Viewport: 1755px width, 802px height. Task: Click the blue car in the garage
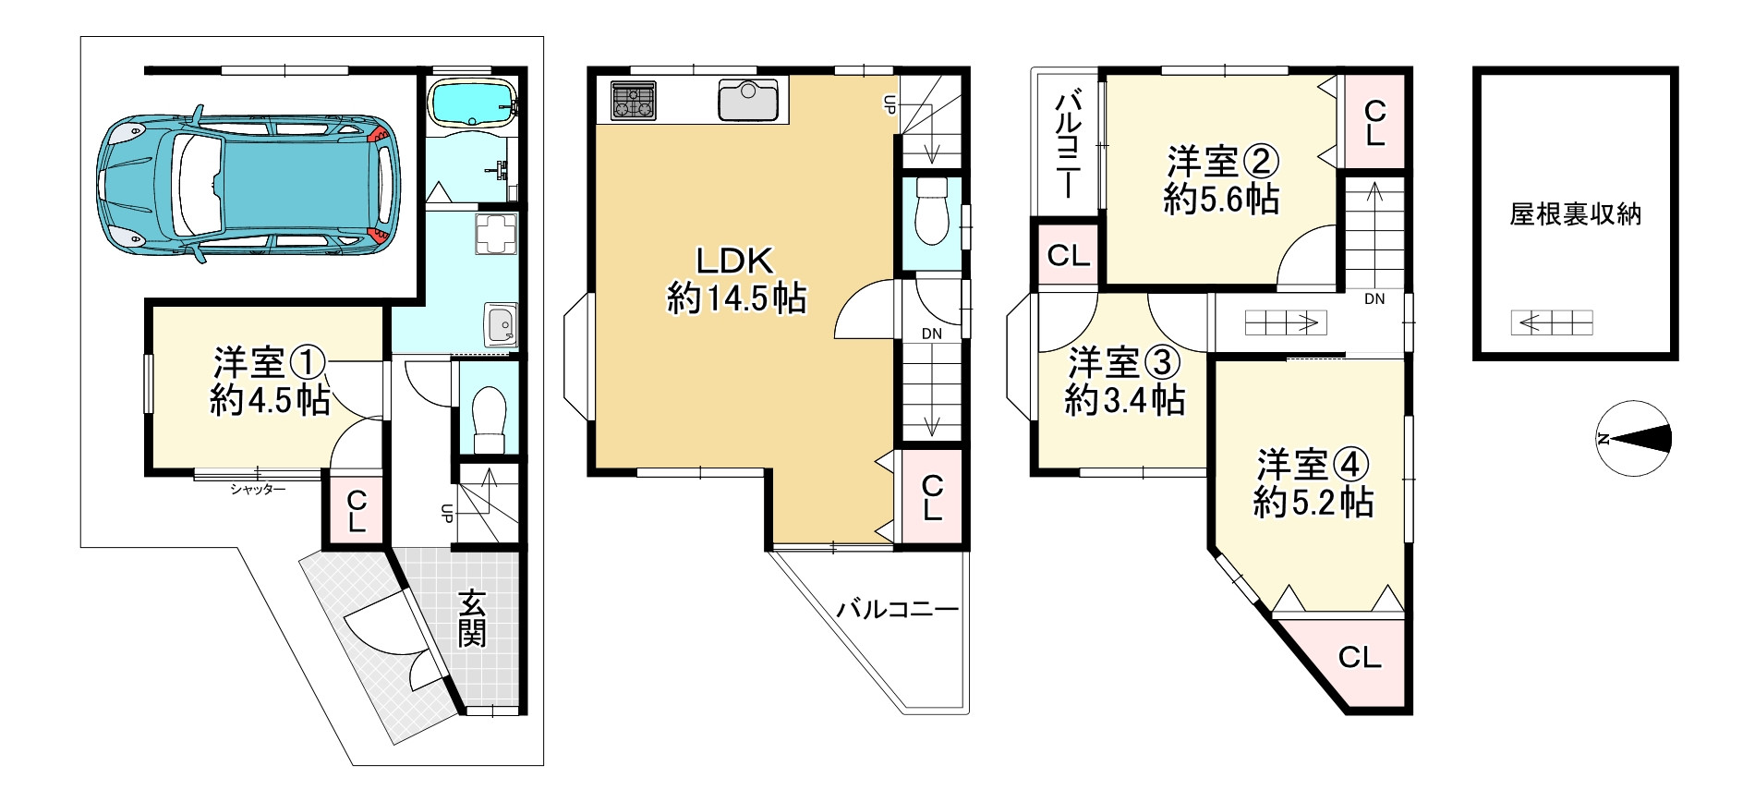pyautogui.click(x=248, y=185)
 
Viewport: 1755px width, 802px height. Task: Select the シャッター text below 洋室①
pyautogui.click(x=258, y=490)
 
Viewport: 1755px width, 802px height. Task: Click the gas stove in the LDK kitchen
pyautogui.click(x=633, y=101)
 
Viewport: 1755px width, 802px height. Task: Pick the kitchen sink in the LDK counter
pyautogui.click(x=748, y=100)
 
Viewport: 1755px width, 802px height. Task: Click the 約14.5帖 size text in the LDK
pyautogui.click(x=736, y=298)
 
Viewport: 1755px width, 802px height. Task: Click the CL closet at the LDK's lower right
pyautogui.click(x=932, y=498)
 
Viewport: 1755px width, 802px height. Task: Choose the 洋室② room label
pyautogui.click(x=1222, y=163)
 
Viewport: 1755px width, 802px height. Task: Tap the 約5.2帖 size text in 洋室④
pyautogui.click(x=1313, y=503)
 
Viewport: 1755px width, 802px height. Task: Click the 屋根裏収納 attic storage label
pyautogui.click(x=1575, y=214)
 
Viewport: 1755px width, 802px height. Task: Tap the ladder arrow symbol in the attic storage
pyautogui.click(x=1552, y=322)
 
